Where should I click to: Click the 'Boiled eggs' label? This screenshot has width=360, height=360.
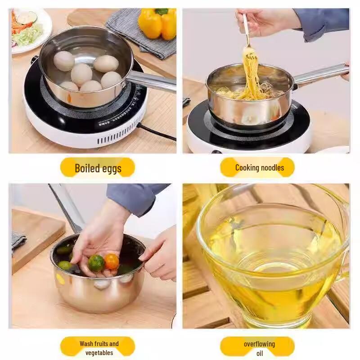click(x=98, y=168)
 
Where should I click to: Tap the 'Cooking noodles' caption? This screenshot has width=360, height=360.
click(x=259, y=168)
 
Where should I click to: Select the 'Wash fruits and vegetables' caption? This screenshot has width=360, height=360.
click(x=99, y=348)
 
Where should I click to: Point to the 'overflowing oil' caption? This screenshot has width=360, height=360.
click(x=259, y=348)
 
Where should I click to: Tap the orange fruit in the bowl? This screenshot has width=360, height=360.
click(x=112, y=261)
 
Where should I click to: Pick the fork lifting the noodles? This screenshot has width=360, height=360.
click(x=246, y=31)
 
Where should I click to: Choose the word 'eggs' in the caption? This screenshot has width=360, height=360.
click(x=111, y=168)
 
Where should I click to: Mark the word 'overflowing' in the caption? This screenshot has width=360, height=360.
click(x=259, y=344)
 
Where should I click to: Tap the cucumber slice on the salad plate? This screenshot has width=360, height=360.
click(x=25, y=19)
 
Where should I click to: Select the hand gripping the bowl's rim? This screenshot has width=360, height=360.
click(x=160, y=254)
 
